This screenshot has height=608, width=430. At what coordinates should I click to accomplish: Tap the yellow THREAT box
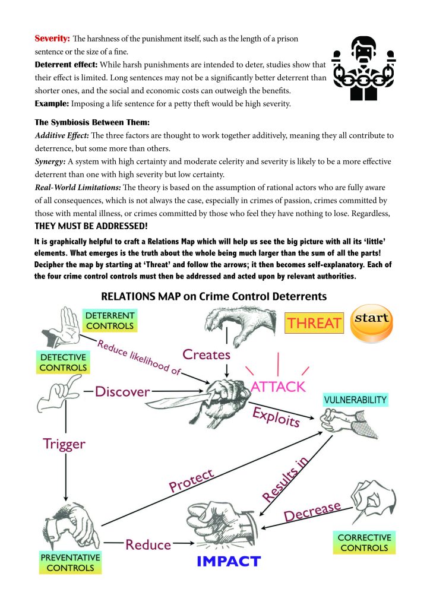[x=315, y=323]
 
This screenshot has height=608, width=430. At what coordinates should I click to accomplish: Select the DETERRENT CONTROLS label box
[x=110, y=320]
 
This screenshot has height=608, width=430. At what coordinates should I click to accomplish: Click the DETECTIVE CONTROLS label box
[x=64, y=362]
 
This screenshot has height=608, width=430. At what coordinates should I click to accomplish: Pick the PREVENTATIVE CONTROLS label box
[x=70, y=562]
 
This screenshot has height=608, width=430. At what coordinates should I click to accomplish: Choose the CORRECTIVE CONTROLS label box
[x=365, y=543]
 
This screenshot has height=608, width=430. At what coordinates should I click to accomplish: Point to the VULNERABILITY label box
[x=356, y=399]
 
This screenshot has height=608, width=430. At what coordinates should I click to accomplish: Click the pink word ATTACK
[x=278, y=387]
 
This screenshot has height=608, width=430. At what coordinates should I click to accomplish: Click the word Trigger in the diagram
[x=64, y=444]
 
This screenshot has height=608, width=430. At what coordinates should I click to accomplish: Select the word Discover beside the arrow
[x=122, y=391]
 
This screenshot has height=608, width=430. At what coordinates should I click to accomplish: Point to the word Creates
[x=206, y=354]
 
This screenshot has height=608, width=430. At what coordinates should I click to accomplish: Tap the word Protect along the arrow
[x=191, y=481]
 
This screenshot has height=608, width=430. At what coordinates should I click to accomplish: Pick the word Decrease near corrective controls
[x=312, y=512]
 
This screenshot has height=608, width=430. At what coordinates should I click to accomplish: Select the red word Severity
[x=52, y=39]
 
